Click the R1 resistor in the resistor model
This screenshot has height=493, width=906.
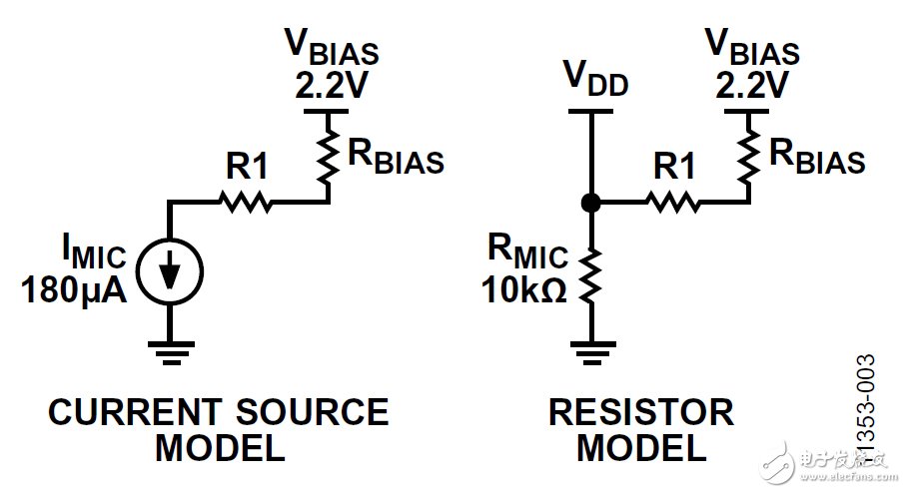[x=674, y=203]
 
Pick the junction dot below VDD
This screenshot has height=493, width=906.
[x=590, y=203]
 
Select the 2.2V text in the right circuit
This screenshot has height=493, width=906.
[x=751, y=87]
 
